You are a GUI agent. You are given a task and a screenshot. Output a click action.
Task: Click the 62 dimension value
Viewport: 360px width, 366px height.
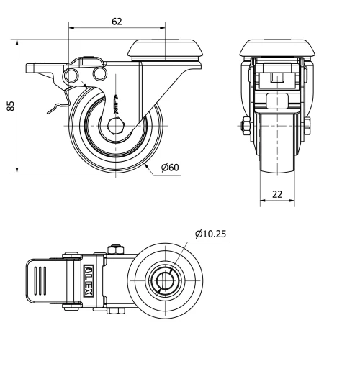coord(117,22)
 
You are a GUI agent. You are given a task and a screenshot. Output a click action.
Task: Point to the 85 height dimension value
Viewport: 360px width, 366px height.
coord(10,106)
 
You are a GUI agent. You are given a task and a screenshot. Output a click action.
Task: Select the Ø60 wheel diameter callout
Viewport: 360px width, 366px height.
coord(170,168)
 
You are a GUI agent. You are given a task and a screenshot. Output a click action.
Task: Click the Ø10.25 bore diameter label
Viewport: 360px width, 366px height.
coord(210,233)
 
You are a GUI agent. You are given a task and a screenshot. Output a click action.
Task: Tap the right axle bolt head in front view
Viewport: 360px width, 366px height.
coord(307,128)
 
